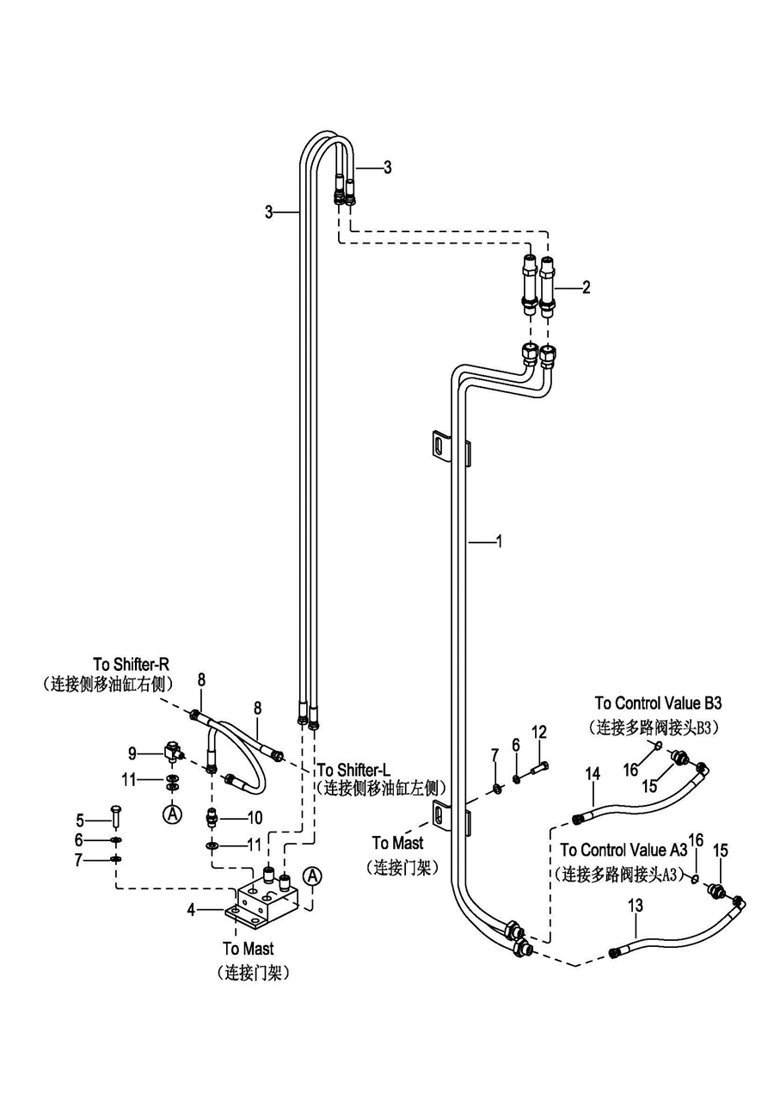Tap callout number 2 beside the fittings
click(586, 287)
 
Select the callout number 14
click(593, 773)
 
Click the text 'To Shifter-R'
click(132, 664)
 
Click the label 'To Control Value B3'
click(658, 704)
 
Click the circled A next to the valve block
click(312, 876)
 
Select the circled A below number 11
click(173, 813)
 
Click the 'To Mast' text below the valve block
click(249, 949)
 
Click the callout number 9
click(132, 753)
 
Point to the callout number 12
click(539, 732)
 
